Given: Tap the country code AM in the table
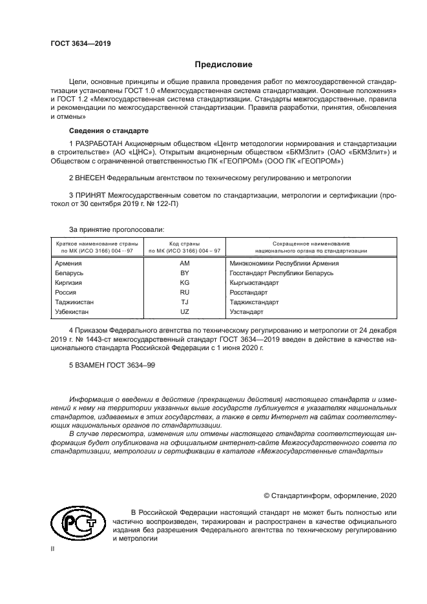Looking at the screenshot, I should (184, 264).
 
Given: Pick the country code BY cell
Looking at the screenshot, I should (184, 273).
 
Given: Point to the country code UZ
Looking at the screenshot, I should (184, 311).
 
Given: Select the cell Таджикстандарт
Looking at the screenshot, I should (254, 302).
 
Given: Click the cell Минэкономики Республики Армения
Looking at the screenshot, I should (284, 264).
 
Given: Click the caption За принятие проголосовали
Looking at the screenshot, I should (116, 228).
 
